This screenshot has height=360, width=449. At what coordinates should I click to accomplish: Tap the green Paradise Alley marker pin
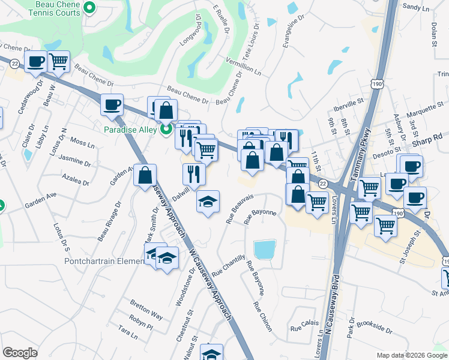coord(167,129)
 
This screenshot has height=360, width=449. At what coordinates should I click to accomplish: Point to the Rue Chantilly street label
coord(229,265)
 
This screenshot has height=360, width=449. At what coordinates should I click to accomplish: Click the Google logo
coord(20,353)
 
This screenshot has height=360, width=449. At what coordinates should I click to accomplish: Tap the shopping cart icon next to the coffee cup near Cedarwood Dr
coord(59,61)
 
